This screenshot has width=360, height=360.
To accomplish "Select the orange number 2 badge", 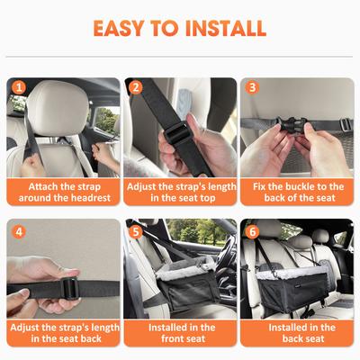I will [x=136, y=88].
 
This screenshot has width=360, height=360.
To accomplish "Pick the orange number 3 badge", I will [x=253, y=88].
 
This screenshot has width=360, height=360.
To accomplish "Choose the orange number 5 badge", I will [x=136, y=230].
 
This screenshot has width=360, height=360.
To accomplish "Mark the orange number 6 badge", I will [x=253, y=230].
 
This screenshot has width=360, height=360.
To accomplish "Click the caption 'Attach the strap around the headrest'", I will [x=61, y=192].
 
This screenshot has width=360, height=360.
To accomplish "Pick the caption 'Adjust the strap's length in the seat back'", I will [x=61, y=333].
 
